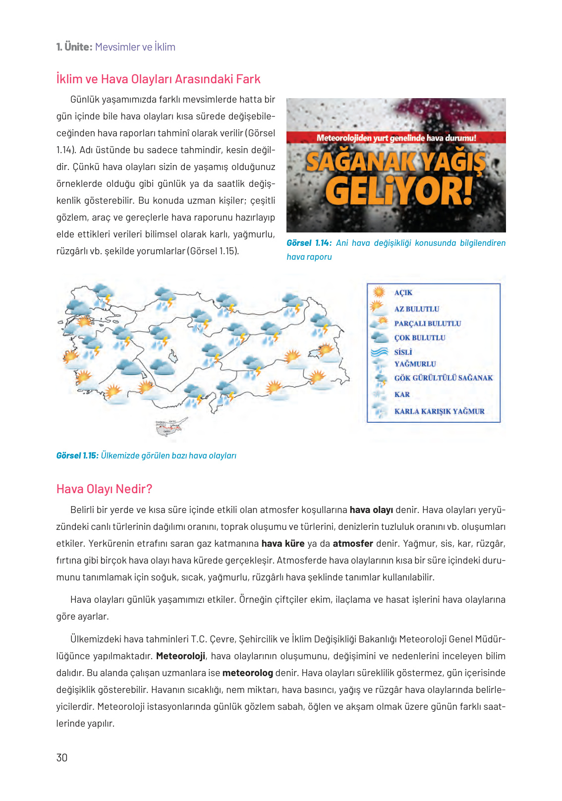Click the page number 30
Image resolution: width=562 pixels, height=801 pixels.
[62, 757]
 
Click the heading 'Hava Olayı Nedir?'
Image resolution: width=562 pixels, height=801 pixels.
[104, 489]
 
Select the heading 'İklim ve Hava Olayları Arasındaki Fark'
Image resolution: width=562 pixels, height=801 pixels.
[158, 79]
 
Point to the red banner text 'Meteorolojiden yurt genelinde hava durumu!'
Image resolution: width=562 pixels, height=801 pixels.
[396, 138]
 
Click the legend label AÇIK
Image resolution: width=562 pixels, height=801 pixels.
[403, 293]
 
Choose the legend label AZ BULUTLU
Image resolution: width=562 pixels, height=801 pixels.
[416, 309]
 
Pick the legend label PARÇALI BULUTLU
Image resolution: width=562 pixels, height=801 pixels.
[427, 324]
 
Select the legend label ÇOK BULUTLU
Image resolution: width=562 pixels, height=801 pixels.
[419, 338]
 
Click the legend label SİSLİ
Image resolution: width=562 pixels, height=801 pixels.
[403, 352]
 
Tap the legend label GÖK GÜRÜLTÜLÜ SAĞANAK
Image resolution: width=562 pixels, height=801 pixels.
[443, 378]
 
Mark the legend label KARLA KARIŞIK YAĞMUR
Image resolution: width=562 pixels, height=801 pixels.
[439, 411]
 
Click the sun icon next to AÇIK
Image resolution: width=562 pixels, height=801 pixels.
[379, 292]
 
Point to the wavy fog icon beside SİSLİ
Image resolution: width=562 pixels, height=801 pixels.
[379, 352]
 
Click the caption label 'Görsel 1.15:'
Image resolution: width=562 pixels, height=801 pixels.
[77, 456]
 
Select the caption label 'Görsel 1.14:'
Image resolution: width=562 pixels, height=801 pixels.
[308, 243]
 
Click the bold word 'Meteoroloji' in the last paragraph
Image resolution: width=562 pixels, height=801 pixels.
[180, 656]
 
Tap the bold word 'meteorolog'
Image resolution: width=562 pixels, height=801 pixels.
[247, 673]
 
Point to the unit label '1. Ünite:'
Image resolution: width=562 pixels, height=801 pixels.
[74, 47]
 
